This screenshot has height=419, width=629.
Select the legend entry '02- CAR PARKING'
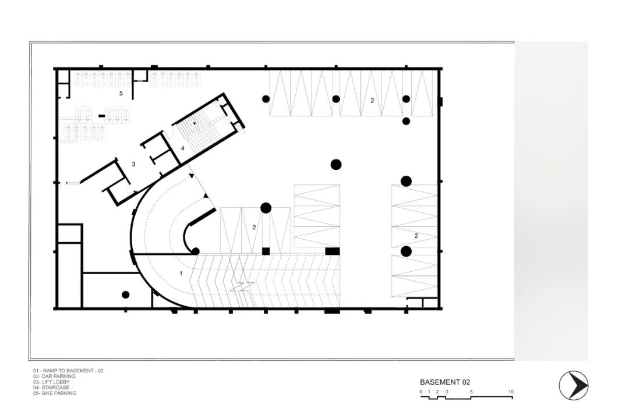54,377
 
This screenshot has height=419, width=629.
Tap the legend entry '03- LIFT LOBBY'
51,382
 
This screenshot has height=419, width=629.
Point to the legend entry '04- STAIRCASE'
51,388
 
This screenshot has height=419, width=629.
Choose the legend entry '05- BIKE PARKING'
55,393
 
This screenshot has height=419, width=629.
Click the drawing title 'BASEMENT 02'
445,382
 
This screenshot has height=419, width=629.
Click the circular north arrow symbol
574,386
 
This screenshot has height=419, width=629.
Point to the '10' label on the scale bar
511,392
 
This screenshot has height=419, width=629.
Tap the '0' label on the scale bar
421,392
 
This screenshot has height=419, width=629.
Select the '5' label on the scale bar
471,392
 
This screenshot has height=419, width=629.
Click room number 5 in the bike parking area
121,94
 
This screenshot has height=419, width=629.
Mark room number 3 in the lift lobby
133,164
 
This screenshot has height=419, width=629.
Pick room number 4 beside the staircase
182,148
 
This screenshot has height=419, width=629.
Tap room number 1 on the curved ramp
181,274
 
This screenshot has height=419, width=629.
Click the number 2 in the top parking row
372,100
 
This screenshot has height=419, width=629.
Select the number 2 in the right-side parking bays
416,236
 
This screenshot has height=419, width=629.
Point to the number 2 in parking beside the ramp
254,228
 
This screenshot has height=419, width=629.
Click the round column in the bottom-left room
126,294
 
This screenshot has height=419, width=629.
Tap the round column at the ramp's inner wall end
196,251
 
